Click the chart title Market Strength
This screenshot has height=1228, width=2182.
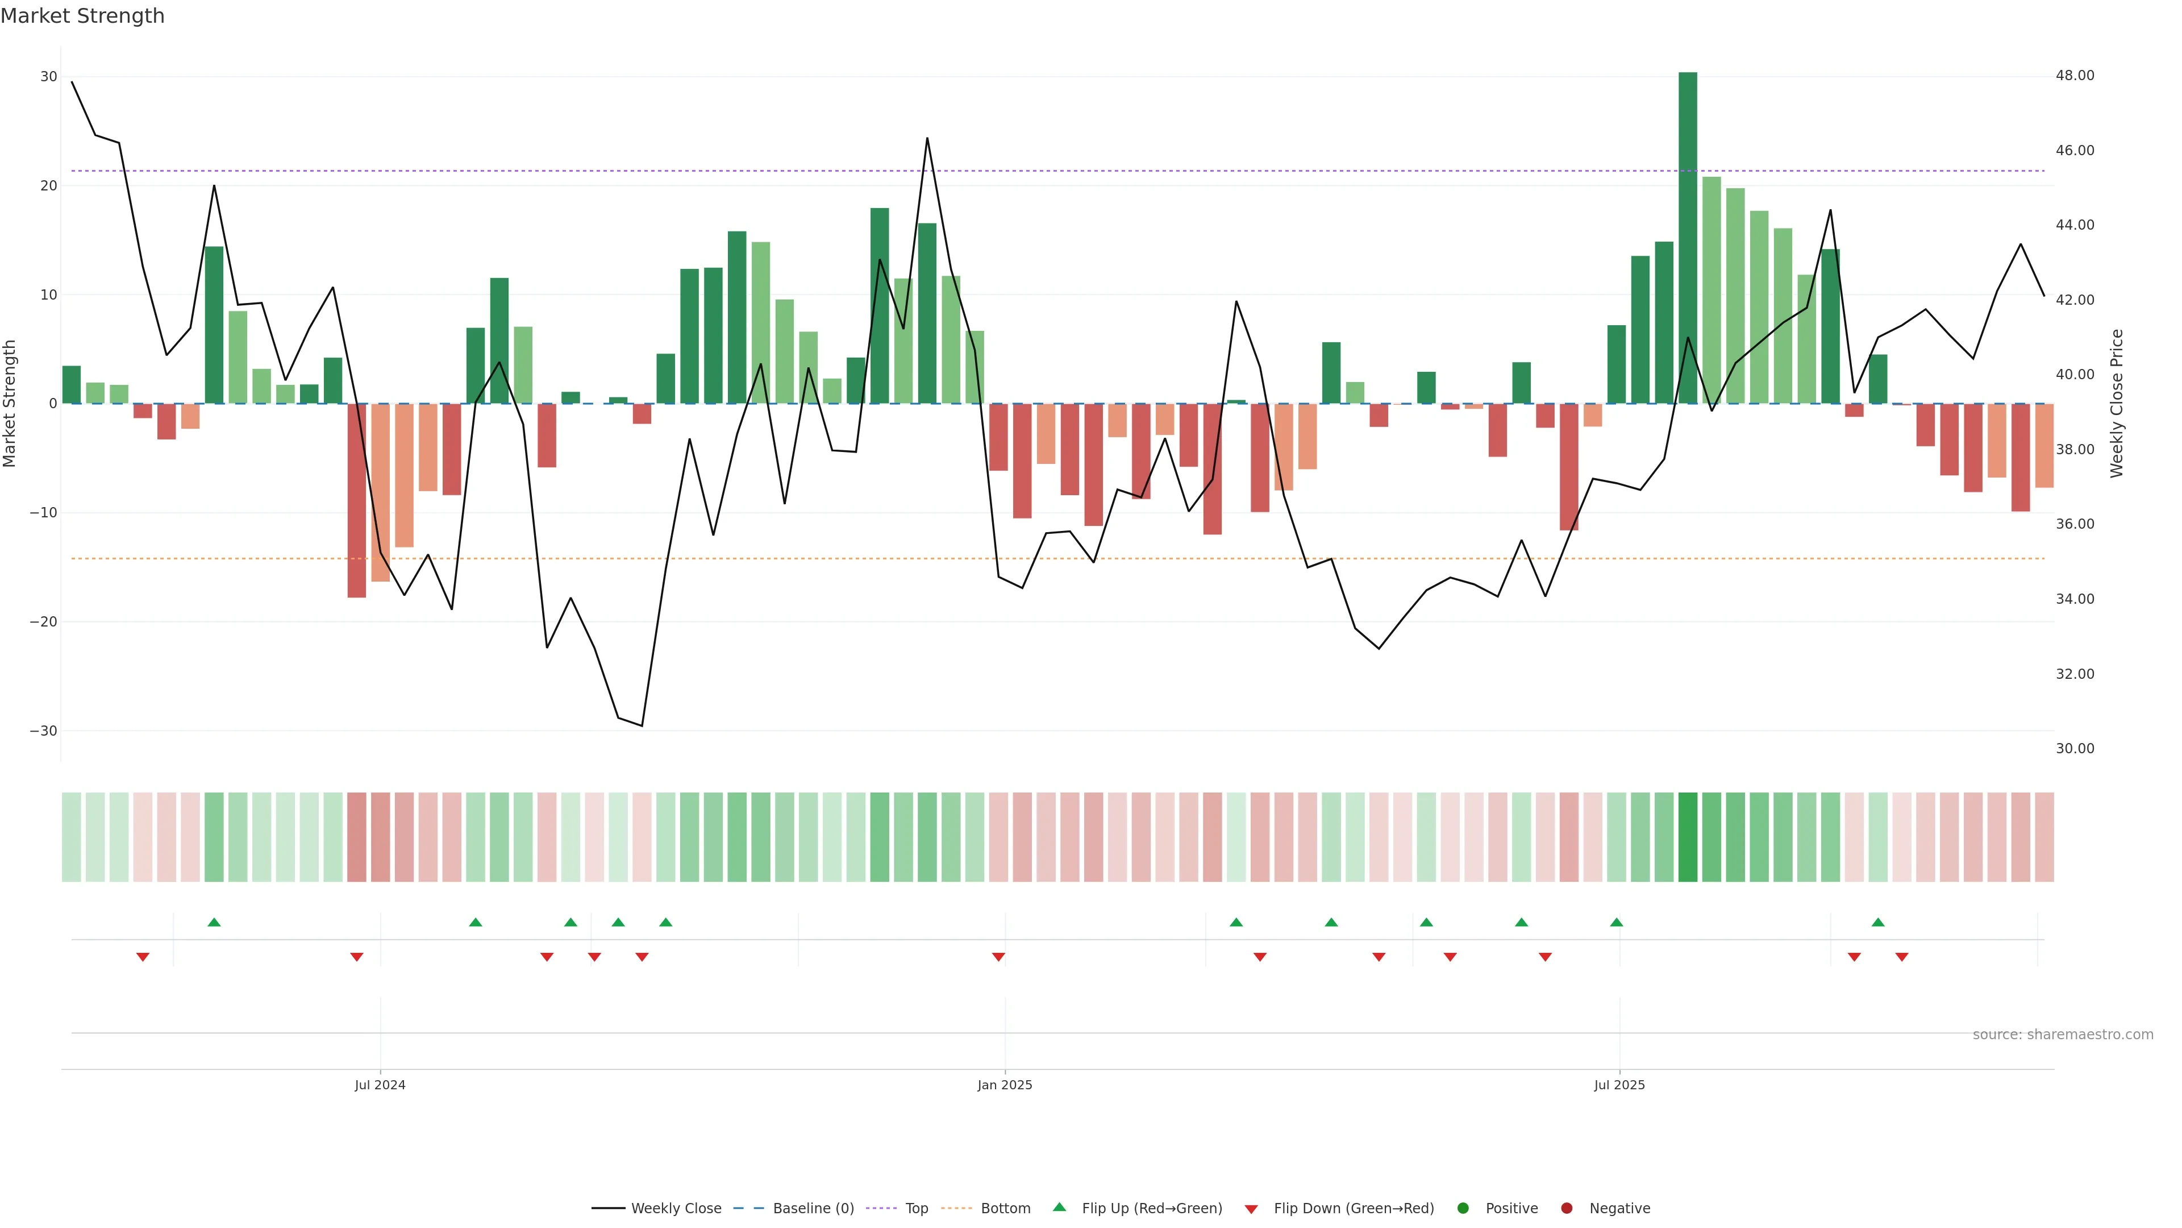pyautogui.click(x=82, y=16)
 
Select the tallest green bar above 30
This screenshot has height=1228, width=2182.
pyautogui.click(x=1687, y=237)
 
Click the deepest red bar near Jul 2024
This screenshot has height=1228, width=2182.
pyautogui.click(x=357, y=500)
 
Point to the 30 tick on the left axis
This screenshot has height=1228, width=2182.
pyautogui.click(x=48, y=77)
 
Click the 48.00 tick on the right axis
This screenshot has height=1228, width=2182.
pyautogui.click(x=2075, y=76)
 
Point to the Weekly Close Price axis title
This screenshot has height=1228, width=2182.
pyautogui.click(x=2117, y=404)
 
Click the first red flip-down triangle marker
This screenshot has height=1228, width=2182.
pyautogui.click(x=142, y=957)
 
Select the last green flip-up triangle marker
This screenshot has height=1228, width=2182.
pyautogui.click(x=1878, y=922)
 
